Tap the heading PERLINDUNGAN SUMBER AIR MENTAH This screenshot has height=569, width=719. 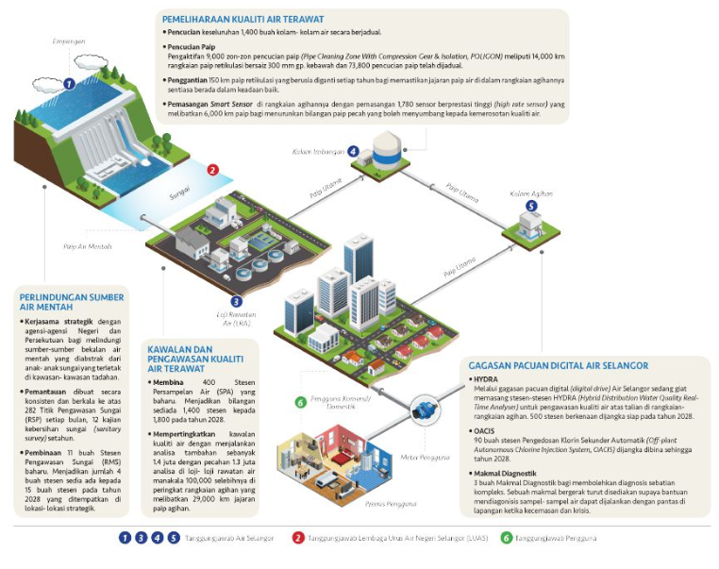coord(72,303)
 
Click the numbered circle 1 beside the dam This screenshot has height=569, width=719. coord(69,84)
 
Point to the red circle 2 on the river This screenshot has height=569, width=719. coord(213,170)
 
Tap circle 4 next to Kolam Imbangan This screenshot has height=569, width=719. coord(353,151)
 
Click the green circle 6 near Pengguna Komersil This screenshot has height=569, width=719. coord(300,402)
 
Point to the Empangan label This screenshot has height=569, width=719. coord(69,42)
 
